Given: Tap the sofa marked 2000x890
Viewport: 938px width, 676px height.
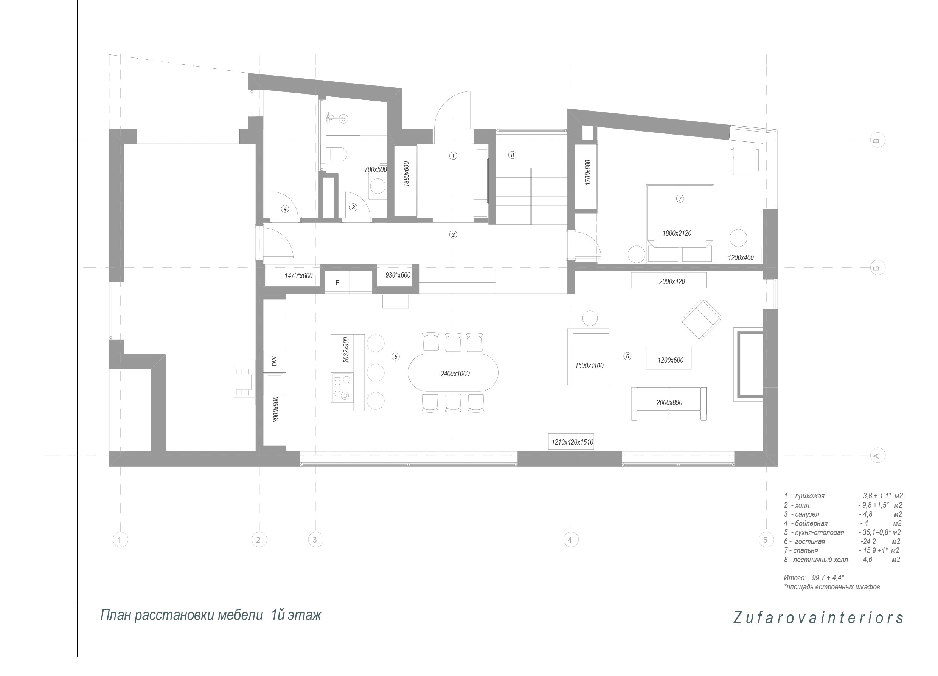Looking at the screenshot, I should pos(668,403).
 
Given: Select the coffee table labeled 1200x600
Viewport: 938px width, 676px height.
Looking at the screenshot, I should pos(668,358).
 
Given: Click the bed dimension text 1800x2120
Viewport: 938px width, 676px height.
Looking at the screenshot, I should pos(677,233).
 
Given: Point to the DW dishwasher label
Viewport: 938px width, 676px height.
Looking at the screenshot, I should pos(274,361).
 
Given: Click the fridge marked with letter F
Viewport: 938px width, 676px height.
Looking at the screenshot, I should pos(337,282).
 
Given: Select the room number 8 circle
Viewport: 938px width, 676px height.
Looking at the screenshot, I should pos(512,155).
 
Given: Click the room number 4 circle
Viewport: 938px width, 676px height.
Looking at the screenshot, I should pos(284,209).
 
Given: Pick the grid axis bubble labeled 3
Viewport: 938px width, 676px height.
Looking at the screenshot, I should pos(315,540).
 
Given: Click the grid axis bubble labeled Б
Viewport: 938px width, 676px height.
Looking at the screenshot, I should pos(877,268).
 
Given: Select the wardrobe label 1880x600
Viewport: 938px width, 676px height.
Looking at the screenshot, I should pos(406,174).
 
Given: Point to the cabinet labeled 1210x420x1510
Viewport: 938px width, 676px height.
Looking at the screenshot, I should pos(572,442).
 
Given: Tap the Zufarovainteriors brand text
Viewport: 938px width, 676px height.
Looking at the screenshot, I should pos(818,617).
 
